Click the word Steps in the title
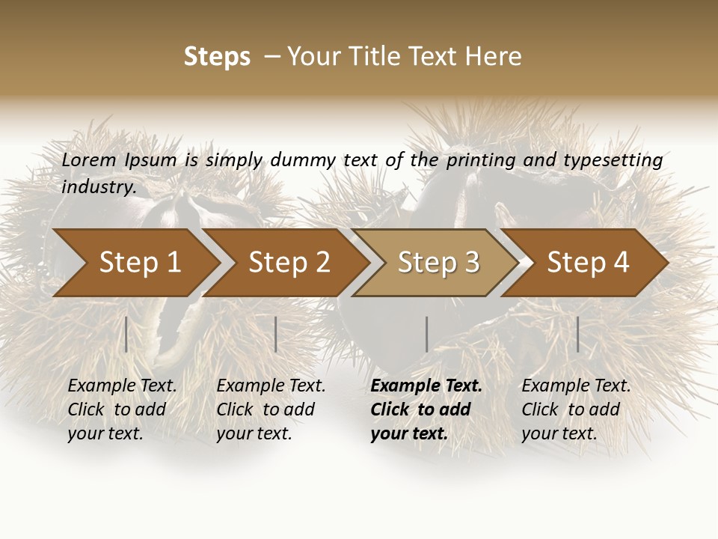pos(217,57)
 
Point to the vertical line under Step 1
pos(126,334)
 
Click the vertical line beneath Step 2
pos(276,334)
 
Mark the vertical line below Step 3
pos(426,334)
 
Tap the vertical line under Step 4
pos(577,334)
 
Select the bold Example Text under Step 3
pos(426,409)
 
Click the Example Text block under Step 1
pos(122,409)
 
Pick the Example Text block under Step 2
pos(271,409)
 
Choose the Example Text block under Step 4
pos(576,409)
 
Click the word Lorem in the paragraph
pos(89,159)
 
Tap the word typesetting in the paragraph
pos(613,160)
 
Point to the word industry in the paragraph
pos(99,186)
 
